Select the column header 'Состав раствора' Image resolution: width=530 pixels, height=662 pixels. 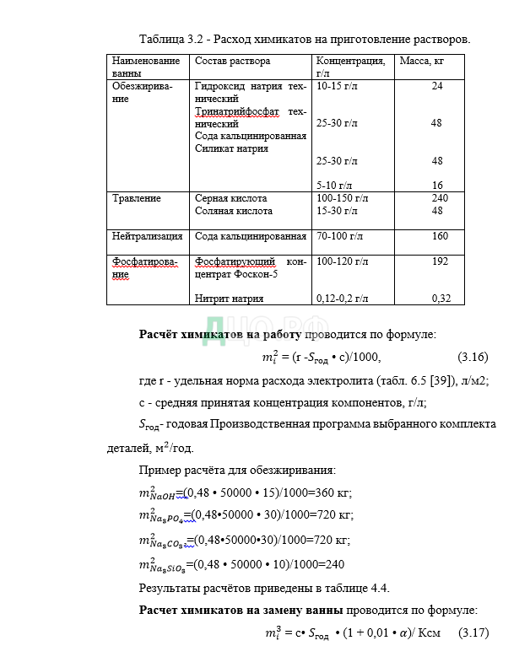[x=232, y=61]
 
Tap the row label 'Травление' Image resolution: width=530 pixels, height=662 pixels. [x=136, y=198]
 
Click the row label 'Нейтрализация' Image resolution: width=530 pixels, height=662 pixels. [x=147, y=236]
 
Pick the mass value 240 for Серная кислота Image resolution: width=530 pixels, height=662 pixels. [x=440, y=198]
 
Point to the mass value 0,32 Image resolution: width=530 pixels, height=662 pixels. [x=441, y=298]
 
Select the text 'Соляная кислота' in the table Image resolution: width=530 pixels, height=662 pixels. [x=233, y=211]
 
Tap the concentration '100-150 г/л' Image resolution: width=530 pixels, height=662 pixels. [x=342, y=198]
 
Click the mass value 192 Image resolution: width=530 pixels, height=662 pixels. [x=440, y=261]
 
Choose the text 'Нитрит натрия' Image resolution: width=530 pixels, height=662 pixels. [x=229, y=298]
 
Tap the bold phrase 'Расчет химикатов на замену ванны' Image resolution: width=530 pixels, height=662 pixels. [x=241, y=610]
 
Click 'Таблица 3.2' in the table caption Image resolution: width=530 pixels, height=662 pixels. [x=169, y=40]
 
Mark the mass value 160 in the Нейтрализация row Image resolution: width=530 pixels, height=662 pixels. [x=440, y=236]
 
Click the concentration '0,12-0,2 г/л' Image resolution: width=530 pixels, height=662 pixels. [x=342, y=298]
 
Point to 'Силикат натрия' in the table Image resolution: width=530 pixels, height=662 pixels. [x=231, y=148]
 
